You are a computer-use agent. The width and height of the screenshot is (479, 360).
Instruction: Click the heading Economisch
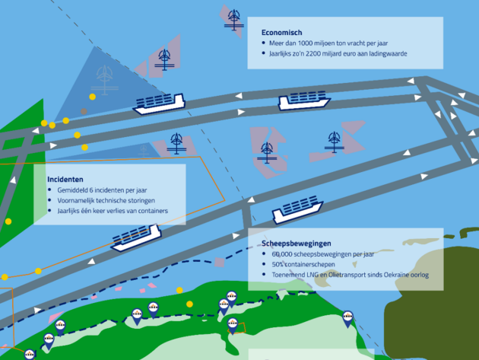click(282, 33)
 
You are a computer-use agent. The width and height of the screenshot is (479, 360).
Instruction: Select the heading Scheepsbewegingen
click(299, 243)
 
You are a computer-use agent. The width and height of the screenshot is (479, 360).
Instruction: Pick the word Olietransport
click(351, 275)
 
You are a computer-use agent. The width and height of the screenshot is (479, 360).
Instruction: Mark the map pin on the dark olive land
click(348, 319)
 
